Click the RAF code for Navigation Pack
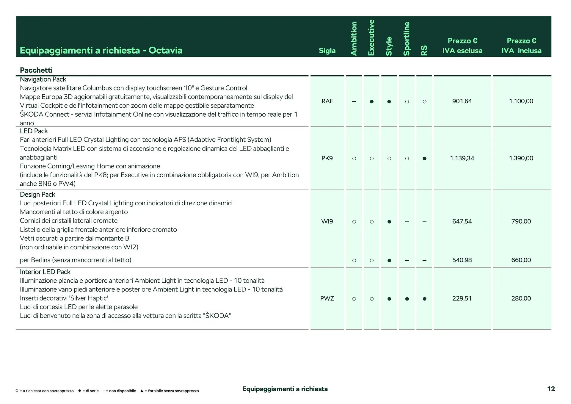pyautogui.click(x=327, y=101)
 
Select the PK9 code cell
pyautogui.click(x=327, y=158)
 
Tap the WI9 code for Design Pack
pyautogui.click(x=327, y=221)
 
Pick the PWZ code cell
pyautogui.click(x=327, y=298)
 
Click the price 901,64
pyautogui.click(x=462, y=101)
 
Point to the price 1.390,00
pyautogui.click(x=521, y=158)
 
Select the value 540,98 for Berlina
pyautogui.click(x=462, y=260)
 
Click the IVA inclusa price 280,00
pyautogui.click(x=521, y=298)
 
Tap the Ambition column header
pyautogui.click(x=354, y=39)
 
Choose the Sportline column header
pyautogui.click(x=407, y=39)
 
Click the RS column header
pyautogui.click(x=424, y=50)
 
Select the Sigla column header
pyautogui.click(x=327, y=51)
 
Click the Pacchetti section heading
pyautogui.click(x=36, y=70)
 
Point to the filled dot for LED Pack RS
pyautogui.click(x=424, y=159)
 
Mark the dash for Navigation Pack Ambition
pyautogui.click(x=354, y=101)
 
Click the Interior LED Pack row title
pyautogui.click(x=45, y=272)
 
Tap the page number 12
pyautogui.click(x=551, y=389)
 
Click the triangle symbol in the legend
pyautogui.click(x=142, y=391)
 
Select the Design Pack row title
pyautogui.click(x=37, y=195)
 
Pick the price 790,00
pyautogui.click(x=521, y=221)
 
